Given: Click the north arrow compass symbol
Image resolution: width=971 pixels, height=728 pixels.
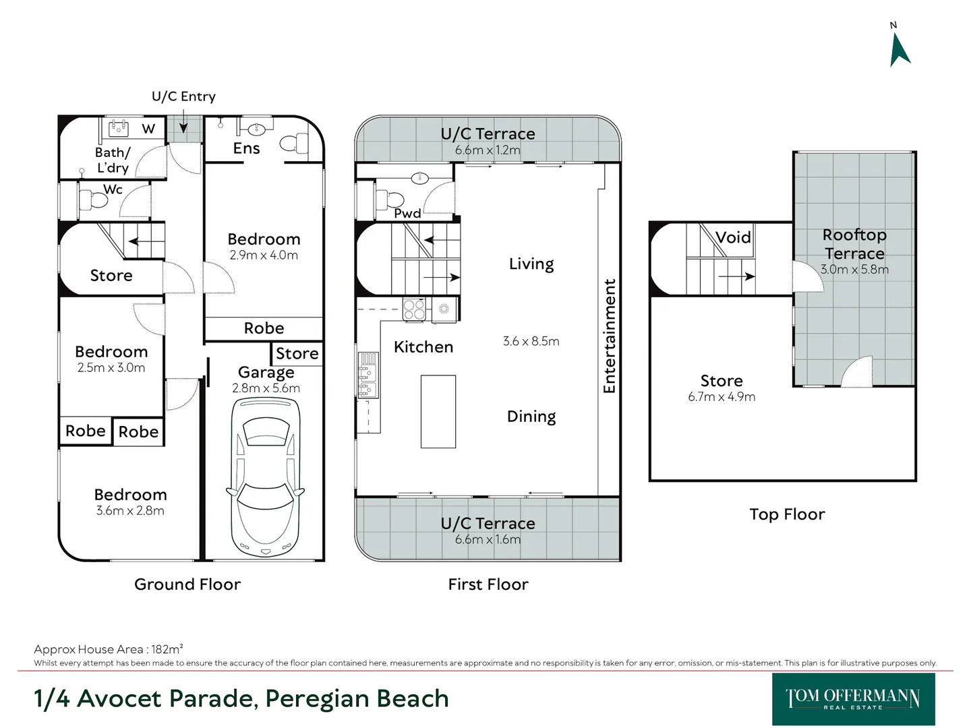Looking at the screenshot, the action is pyautogui.click(x=900, y=50).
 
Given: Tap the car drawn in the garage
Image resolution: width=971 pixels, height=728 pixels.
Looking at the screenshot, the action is pyautogui.click(x=266, y=477).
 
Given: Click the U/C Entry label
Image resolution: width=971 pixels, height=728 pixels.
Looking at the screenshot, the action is pyautogui.click(x=183, y=96).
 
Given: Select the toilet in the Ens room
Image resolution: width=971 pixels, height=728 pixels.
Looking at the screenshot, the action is pyautogui.click(x=293, y=143).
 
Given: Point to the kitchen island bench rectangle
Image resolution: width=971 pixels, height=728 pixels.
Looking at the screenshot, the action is pyautogui.click(x=438, y=411).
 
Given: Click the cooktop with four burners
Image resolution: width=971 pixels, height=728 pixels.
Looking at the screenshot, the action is pyautogui.click(x=414, y=309).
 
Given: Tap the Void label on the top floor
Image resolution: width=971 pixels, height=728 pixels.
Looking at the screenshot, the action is pyautogui.click(x=733, y=238).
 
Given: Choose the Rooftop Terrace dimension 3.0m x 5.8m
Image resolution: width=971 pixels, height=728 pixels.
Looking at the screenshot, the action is pyautogui.click(x=854, y=269).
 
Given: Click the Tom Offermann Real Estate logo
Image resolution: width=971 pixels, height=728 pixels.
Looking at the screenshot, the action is pyautogui.click(x=853, y=699).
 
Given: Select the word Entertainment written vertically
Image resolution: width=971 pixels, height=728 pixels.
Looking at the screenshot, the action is pyautogui.click(x=609, y=336).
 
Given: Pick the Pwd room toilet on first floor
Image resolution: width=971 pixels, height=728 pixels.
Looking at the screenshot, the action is pyautogui.click(x=389, y=200).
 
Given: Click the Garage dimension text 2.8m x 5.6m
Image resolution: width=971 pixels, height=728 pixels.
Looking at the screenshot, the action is pyautogui.click(x=266, y=388).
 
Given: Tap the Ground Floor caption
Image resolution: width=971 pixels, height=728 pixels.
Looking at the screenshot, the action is pyautogui.click(x=187, y=584).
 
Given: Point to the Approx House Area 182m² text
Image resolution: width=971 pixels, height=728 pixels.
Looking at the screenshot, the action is pyautogui.click(x=109, y=649).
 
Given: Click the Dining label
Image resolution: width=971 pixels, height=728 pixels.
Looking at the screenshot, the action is pyautogui.click(x=531, y=417).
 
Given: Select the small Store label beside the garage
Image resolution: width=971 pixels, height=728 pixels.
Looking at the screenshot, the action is pyautogui.click(x=297, y=354).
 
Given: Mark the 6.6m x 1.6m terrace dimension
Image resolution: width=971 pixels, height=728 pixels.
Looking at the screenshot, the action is pyautogui.click(x=488, y=539).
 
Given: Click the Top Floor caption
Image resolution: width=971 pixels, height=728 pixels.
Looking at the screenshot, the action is pyautogui.click(x=787, y=514).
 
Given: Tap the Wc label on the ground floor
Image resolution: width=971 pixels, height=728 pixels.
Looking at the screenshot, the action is pyautogui.click(x=113, y=189).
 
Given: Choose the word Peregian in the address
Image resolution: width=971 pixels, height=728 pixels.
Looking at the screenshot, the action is pyautogui.click(x=317, y=699).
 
